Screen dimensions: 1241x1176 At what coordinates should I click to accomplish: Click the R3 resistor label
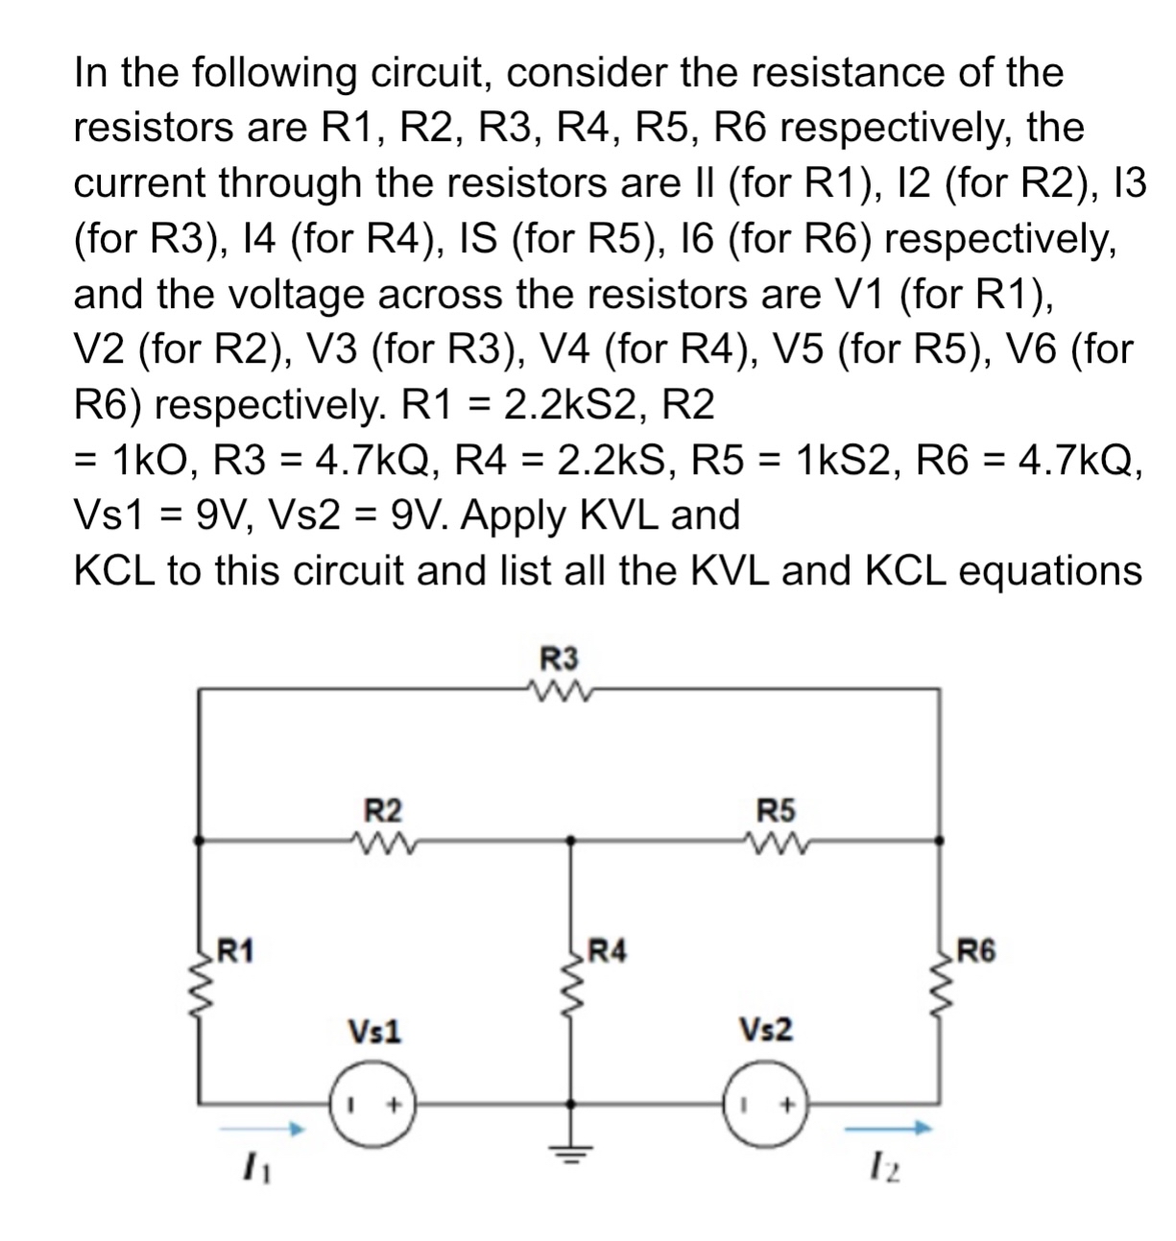click(561, 659)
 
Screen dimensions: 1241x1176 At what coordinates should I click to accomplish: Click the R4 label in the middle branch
click(607, 951)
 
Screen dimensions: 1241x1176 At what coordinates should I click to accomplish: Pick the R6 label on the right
click(976, 951)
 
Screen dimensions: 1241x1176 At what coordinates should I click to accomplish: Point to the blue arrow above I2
click(888, 1130)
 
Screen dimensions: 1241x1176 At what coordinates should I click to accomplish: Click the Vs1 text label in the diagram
click(375, 1032)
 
